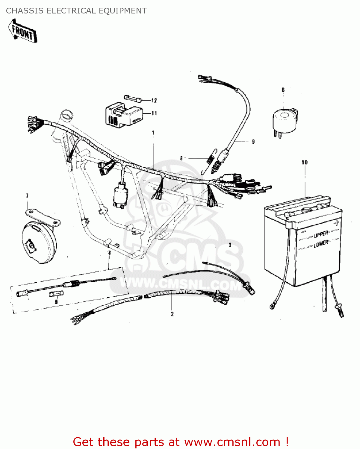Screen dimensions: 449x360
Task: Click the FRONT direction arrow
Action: pyautogui.click(x=22, y=31)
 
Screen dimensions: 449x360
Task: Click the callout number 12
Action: pyautogui.click(x=154, y=101)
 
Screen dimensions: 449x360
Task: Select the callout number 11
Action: pyautogui.click(x=154, y=113)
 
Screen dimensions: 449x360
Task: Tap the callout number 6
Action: pyautogui.click(x=283, y=90)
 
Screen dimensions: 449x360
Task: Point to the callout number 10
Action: pyautogui.click(x=305, y=163)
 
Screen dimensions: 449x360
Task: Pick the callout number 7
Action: pyautogui.click(x=27, y=196)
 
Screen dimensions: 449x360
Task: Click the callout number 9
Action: pyautogui.click(x=253, y=142)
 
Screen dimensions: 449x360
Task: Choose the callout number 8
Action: pyautogui.click(x=181, y=158)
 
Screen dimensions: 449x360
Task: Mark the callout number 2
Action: pyautogui.click(x=172, y=314)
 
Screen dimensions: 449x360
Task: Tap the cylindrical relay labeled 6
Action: pyautogui.click(x=285, y=121)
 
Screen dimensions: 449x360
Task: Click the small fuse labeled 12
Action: pyautogui.click(x=133, y=98)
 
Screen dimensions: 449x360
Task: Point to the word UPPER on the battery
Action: pyautogui.click(x=321, y=234)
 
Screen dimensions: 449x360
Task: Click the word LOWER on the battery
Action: pyautogui.click(x=321, y=244)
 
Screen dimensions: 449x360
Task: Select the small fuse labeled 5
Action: pyautogui.click(x=56, y=294)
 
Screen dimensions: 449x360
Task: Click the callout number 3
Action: pyautogui.click(x=230, y=245)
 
